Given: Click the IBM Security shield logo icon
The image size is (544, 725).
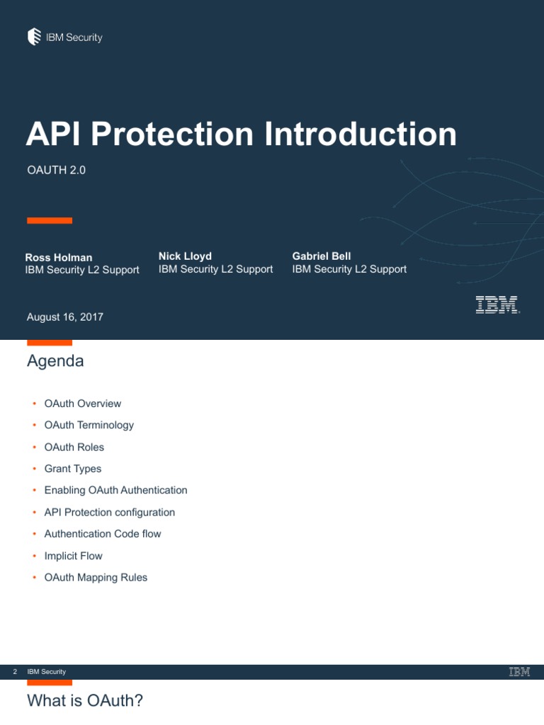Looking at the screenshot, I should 34,37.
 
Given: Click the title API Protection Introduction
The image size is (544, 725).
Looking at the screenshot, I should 241,135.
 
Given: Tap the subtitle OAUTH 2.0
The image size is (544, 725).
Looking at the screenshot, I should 56,170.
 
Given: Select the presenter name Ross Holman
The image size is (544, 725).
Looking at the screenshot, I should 59,258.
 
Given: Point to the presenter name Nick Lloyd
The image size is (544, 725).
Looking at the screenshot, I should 185,256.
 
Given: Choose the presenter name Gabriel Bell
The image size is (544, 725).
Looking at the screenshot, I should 321,256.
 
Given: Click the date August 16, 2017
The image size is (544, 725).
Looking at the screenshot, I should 64,317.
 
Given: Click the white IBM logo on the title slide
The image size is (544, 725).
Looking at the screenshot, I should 497,305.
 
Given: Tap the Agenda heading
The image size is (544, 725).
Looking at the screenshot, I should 55,361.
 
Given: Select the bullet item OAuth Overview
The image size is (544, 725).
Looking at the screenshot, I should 82,404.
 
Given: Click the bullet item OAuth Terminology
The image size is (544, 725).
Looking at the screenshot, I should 89,425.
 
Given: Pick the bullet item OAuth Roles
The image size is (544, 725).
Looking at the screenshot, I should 74,447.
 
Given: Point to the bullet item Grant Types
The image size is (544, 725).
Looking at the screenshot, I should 72,469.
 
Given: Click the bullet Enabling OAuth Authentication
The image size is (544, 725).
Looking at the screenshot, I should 115,490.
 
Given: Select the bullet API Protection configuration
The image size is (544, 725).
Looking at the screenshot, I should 109,512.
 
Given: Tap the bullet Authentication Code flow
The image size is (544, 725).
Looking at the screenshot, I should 102,534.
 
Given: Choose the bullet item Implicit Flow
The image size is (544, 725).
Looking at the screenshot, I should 73,556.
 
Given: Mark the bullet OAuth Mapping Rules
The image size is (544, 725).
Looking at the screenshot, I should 96,578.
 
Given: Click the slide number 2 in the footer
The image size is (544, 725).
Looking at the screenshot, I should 15,671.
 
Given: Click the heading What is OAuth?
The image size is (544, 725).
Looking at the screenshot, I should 85,701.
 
